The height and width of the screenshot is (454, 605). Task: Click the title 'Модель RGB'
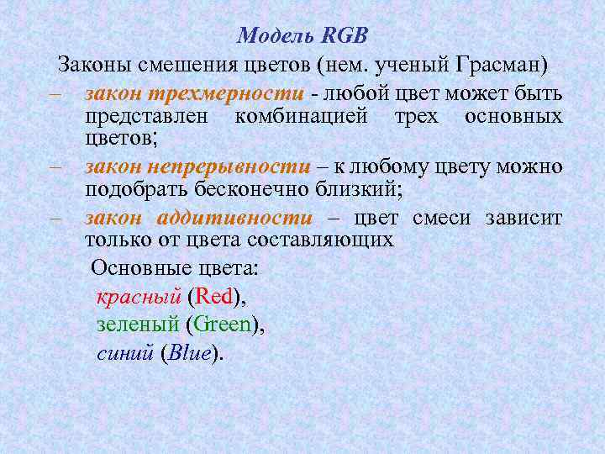(302, 36)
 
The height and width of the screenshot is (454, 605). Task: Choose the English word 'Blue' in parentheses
(190, 353)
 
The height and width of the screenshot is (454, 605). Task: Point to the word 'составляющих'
(335, 240)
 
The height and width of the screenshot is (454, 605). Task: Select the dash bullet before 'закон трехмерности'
(55, 94)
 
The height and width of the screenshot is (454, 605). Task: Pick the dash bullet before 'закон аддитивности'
(55, 219)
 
